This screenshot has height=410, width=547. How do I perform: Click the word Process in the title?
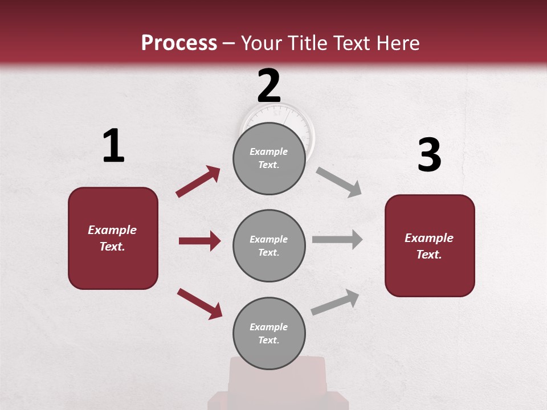pos(179,43)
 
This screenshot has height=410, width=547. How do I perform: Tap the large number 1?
pos(113,146)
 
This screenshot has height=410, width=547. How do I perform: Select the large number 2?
pos(269,85)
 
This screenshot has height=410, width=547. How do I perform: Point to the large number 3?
pos(429,155)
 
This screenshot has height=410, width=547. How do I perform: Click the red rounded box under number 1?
pos(113,238)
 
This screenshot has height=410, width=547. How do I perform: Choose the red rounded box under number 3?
pos(430,245)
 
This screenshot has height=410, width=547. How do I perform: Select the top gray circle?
pos(269,158)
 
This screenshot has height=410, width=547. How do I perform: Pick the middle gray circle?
pos(269,245)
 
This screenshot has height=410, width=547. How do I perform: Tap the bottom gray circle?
pos(269,333)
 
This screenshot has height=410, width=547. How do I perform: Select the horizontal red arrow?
pos(199,241)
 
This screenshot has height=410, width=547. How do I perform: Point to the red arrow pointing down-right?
pos(199,304)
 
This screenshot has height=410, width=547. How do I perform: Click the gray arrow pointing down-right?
pos(339,182)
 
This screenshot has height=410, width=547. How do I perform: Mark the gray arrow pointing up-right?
pos(336,302)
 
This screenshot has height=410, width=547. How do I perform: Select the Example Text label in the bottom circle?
pos(269,333)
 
